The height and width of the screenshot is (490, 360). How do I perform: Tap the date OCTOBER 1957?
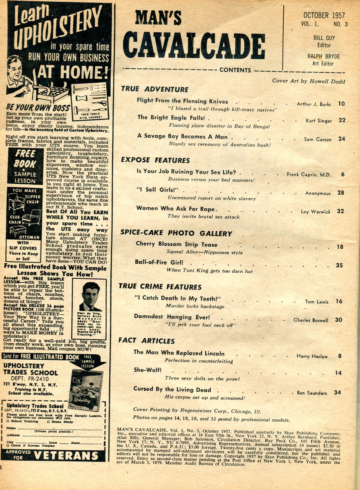click(x=324, y=15)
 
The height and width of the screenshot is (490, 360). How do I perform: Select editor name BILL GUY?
click(x=324, y=38)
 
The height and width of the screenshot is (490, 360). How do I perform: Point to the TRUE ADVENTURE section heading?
click(x=155, y=89)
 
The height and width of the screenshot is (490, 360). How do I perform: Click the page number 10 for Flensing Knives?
click(x=341, y=104)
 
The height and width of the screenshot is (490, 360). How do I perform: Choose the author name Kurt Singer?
click(x=319, y=121)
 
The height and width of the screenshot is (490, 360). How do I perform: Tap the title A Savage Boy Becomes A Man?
click(x=183, y=137)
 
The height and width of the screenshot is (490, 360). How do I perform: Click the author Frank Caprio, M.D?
click(x=309, y=175)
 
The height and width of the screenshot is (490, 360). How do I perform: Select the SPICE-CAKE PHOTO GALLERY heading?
click(x=177, y=233)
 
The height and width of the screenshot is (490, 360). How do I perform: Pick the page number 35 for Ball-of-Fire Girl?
click(x=339, y=265)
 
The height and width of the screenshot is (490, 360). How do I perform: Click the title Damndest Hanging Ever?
click(x=172, y=317)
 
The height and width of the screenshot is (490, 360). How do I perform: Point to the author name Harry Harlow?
click(x=312, y=356)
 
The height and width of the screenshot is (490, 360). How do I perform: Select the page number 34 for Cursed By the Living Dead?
click(x=337, y=392)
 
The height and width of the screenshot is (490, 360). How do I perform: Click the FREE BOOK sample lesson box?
click(x=25, y=166)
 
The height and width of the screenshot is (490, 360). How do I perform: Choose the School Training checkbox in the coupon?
click(x=8, y=421)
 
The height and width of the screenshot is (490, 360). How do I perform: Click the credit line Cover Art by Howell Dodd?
click(x=308, y=81)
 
